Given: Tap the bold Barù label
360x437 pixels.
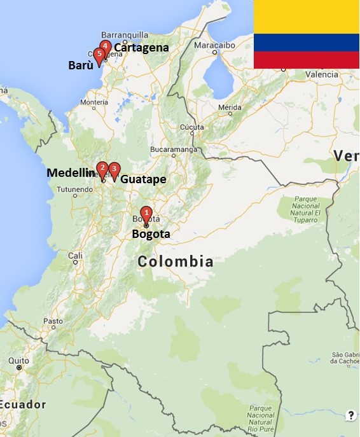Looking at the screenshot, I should click(80, 65).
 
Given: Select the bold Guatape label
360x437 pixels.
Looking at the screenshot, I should click(143, 179).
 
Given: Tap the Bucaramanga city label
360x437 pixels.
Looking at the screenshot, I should click(173, 149).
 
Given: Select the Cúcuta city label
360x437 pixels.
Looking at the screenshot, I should click(192, 127).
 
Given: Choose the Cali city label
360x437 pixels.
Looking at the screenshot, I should click(76, 256).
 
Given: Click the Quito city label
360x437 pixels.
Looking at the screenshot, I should click(18, 361).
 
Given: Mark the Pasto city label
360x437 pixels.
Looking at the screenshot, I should click(53, 321).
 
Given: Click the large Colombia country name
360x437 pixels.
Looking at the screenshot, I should click(176, 261).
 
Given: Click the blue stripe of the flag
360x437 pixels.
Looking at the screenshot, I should click(307, 43).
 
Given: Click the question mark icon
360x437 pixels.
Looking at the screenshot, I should click(350, 415).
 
